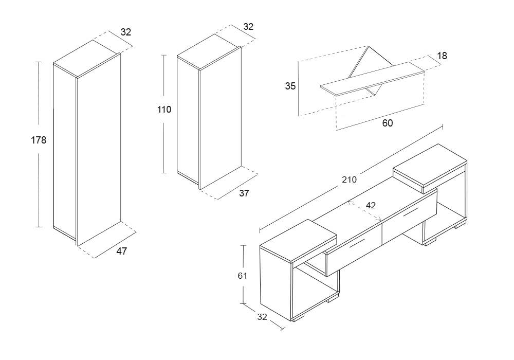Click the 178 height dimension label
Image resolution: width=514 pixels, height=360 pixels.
pyautogui.click(x=39, y=140)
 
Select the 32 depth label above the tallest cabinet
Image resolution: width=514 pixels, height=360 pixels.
pyautogui.click(x=126, y=32)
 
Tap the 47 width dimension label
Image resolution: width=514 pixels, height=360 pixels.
pyautogui.click(x=122, y=251)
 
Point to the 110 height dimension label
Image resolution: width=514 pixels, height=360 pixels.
pyautogui.click(x=164, y=110)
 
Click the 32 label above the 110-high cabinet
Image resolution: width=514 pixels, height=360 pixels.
pyautogui.click(x=248, y=27)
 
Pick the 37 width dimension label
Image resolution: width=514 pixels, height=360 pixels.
pyautogui.click(x=244, y=193)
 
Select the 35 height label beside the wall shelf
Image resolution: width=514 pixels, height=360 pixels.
pyautogui.click(x=290, y=86)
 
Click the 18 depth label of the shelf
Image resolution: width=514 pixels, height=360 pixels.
pyautogui.click(x=442, y=56)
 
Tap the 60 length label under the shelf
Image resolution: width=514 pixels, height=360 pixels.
pyautogui.click(x=388, y=123)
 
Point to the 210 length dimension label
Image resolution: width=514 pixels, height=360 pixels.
pyautogui.click(x=350, y=179)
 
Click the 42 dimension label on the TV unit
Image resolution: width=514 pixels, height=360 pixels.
pyautogui.click(x=371, y=205)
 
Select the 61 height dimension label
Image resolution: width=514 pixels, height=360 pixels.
pyautogui.click(x=243, y=276)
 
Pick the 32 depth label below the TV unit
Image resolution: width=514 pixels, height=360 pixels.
pyautogui.click(x=262, y=317)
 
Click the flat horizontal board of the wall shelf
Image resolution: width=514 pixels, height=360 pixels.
pyautogui.click(x=372, y=79)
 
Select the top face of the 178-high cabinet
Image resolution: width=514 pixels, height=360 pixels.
pyautogui.click(x=87, y=59)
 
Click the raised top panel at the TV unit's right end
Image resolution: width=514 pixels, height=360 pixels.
pyautogui.click(x=430, y=168)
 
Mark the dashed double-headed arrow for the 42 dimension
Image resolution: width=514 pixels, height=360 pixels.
pyautogui.click(x=365, y=211)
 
